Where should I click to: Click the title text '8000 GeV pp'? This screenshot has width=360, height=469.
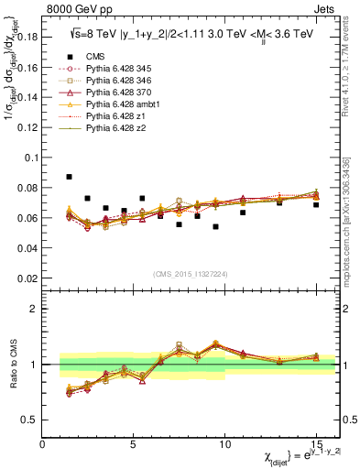(76, 12)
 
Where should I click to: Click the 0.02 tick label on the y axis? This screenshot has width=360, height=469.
(28, 278)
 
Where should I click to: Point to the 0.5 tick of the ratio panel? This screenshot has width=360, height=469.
(32, 420)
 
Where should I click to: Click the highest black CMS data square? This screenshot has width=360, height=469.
(70, 177)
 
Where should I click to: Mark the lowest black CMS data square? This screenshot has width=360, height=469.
(215, 226)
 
